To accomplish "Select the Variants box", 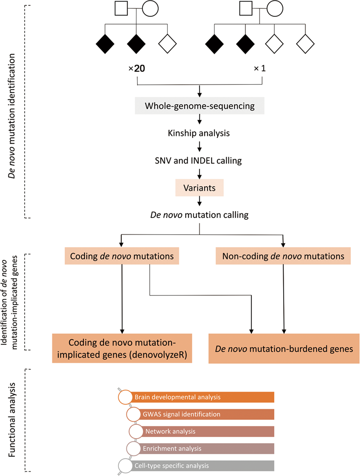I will (x=199, y=188).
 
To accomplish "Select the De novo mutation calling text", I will (x=199, y=215).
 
